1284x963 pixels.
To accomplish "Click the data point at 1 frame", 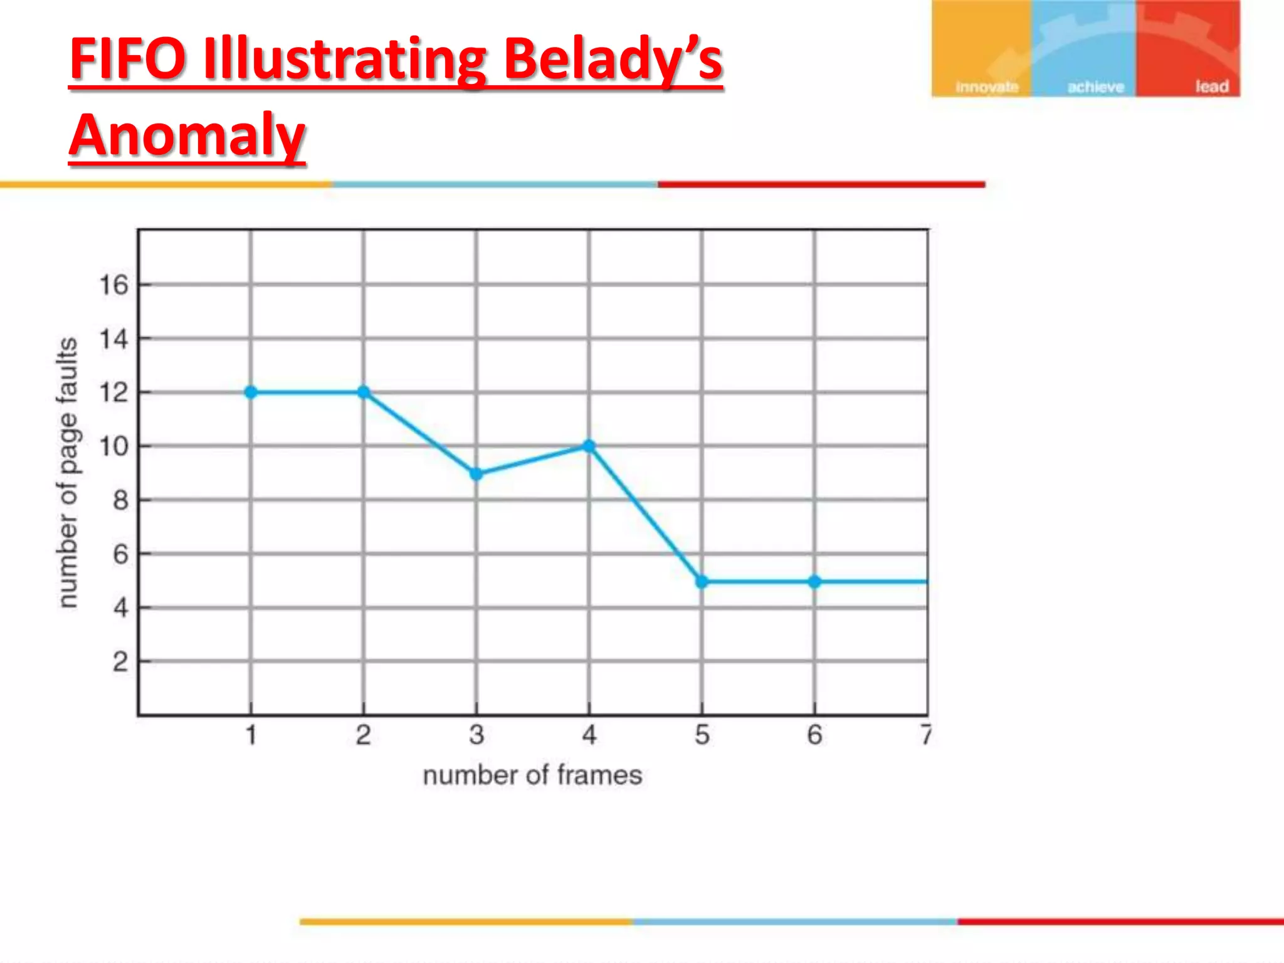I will click(x=251, y=392).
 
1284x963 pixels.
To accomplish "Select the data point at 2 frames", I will click(x=364, y=392).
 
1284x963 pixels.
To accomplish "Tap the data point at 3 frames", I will click(x=476, y=474).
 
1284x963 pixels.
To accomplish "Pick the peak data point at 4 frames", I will click(x=589, y=446).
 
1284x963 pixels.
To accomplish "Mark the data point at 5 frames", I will click(x=702, y=582).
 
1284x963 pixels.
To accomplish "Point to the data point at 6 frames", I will click(x=814, y=582).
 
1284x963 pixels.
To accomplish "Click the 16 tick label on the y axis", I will click(x=113, y=285).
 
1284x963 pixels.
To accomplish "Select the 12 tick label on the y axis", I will click(x=113, y=393).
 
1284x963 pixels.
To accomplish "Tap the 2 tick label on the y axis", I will click(x=120, y=662).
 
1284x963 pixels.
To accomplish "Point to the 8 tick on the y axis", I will click(x=120, y=500).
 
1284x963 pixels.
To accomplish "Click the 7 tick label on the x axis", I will click(x=925, y=735).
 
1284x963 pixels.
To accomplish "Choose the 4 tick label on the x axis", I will click(x=589, y=735).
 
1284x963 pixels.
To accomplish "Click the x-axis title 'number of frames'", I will click(x=532, y=776).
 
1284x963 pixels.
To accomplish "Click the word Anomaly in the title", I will click(x=187, y=135).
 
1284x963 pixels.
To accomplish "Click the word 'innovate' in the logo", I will click(x=986, y=87).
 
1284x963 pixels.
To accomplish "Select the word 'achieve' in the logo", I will click(x=1095, y=87).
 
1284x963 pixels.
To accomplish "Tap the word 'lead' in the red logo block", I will click(x=1211, y=87).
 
